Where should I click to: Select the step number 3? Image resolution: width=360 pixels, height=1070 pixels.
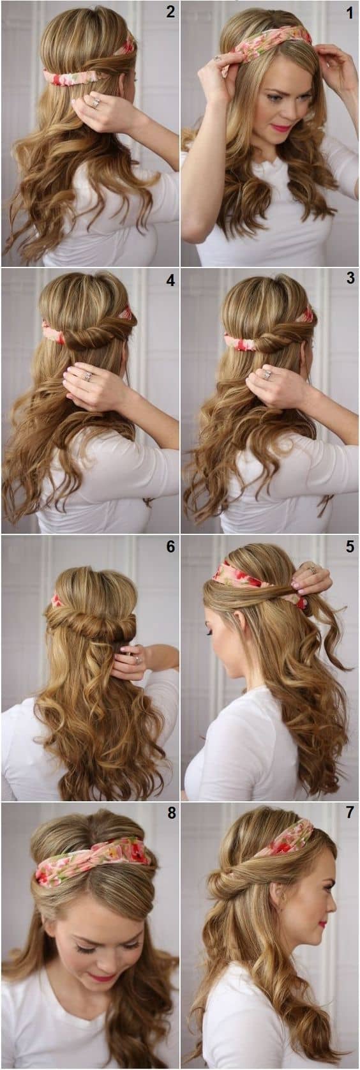[350, 278]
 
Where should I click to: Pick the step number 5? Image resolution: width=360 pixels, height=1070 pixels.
[350, 546]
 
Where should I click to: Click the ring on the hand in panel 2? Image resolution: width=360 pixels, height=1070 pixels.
[96, 102]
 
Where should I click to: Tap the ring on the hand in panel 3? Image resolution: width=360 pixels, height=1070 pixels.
[266, 374]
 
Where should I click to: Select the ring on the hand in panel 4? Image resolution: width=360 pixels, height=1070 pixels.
[87, 377]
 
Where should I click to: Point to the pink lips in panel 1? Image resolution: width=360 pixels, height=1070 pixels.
[281, 128]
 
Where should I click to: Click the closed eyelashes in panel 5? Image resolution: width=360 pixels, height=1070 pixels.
[210, 633]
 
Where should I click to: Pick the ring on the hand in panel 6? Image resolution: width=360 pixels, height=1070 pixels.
[137, 659]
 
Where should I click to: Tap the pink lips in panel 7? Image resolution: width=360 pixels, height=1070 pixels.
[322, 924]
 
